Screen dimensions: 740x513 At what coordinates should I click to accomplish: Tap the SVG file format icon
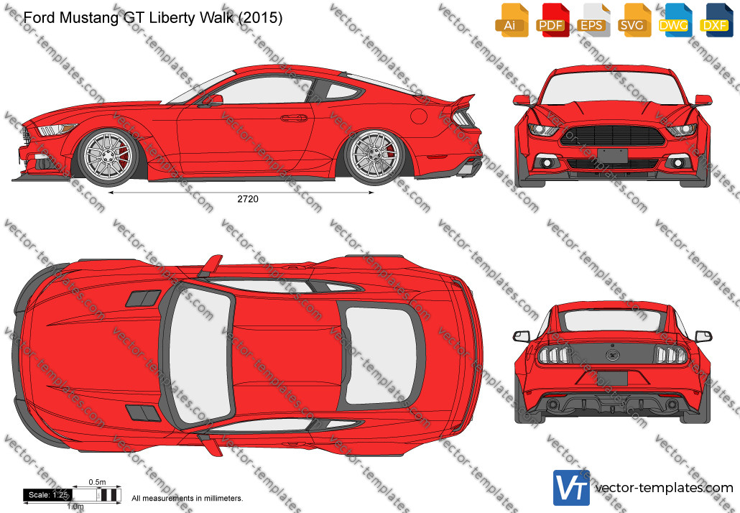coord(632,20)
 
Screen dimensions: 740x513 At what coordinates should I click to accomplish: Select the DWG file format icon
coord(673,20)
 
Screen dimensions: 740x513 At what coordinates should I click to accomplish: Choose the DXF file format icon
coord(715,20)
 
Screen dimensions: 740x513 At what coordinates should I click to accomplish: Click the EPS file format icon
coord(591,20)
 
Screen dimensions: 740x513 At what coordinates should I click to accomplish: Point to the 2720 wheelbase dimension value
coord(248,199)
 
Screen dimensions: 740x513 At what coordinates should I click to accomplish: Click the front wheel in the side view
coord(108,157)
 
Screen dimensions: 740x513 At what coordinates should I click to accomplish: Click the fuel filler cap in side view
coord(419,116)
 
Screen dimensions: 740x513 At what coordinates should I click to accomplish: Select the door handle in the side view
coord(294,118)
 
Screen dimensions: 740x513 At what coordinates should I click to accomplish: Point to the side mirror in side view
coord(213,100)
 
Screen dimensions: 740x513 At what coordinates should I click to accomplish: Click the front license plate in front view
coord(613,155)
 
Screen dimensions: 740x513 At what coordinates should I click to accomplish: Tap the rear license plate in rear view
coord(613,378)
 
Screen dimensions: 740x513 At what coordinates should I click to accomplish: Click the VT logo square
coord(571,488)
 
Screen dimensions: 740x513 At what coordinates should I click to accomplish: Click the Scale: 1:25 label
coord(47,494)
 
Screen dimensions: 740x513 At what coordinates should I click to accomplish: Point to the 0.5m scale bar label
coord(97,482)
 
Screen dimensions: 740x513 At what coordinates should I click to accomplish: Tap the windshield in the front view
coord(612,90)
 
